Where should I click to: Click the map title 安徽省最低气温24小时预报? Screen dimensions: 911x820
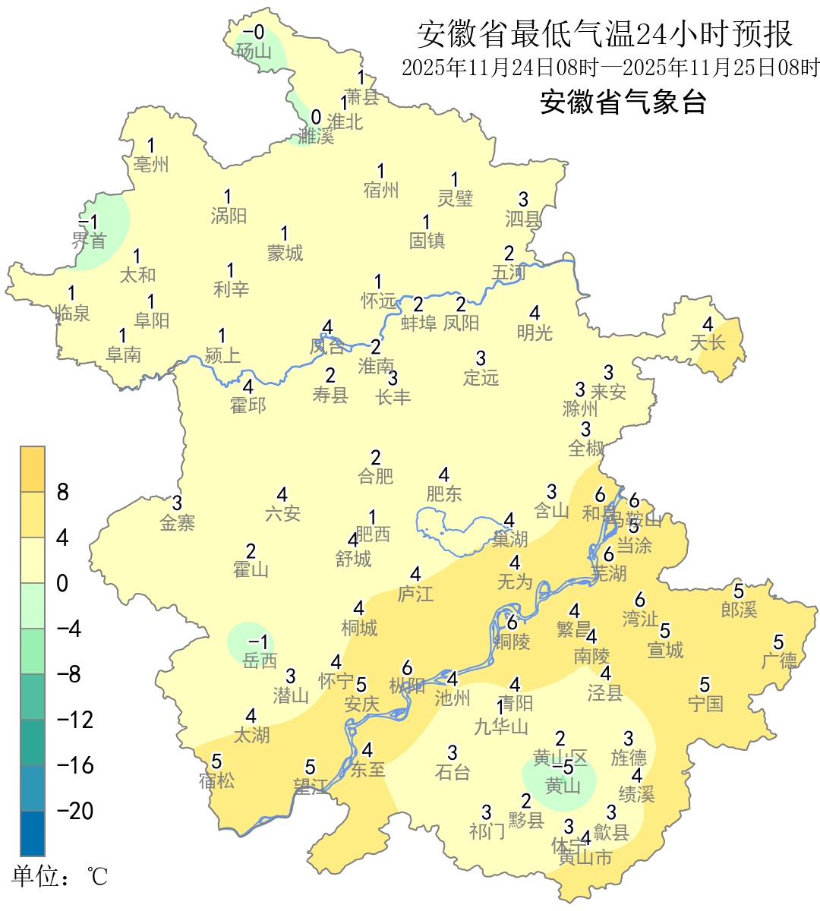pyautogui.click(x=604, y=34)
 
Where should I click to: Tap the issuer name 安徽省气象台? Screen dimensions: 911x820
pyautogui.click(x=623, y=102)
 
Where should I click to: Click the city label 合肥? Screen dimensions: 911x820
pyautogui.click(x=376, y=476)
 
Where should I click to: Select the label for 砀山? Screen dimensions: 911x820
pyautogui.click(x=254, y=52)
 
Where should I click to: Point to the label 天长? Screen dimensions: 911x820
pyautogui.click(x=708, y=342)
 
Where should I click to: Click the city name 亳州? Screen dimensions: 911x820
pyautogui.click(x=151, y=164)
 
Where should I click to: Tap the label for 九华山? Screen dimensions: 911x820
pyautogui.click(x=501, y=727)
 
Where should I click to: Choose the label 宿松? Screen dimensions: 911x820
pyautogui.click(x=216, y=780)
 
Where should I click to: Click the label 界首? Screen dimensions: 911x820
pyautogui.click(x=89, y=241)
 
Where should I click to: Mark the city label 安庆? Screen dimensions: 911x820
pyautogui.click(x=361, y=704)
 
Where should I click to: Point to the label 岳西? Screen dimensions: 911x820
pyautogui.click(x=260, y=660)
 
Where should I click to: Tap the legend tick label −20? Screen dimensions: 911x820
pyautogui.click(x=75, y=811)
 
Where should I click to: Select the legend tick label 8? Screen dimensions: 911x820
pyautogui.click(x=63, y=493)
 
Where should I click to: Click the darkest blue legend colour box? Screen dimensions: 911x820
pyautogui.click(x=33, y=833)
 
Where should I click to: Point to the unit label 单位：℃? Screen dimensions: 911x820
pyautogui.click(x=60, y=877)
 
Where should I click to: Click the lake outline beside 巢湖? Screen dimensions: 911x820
pyautogui.click(x=456, y=531)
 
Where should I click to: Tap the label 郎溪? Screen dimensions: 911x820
pyautogui.click(x=739, y=609)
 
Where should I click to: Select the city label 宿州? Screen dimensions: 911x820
pyautogui.click(x=381, y=190)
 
